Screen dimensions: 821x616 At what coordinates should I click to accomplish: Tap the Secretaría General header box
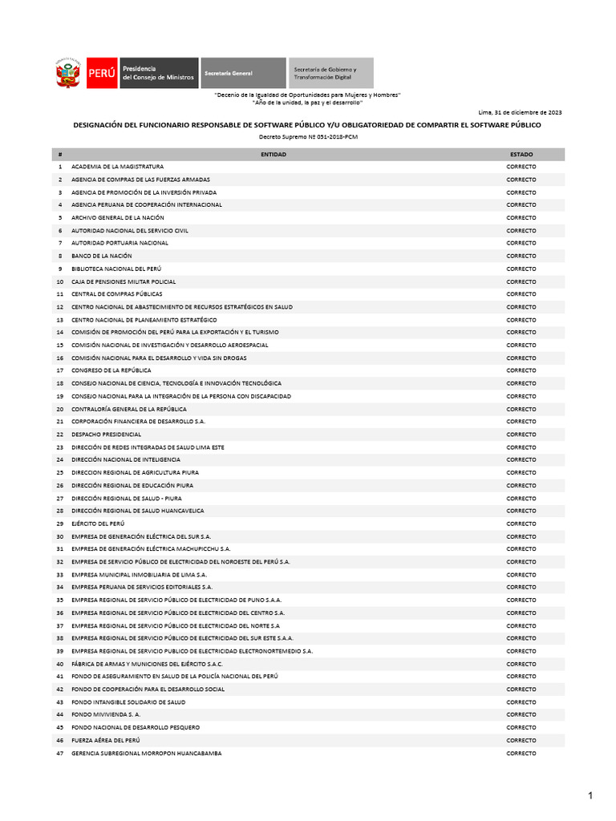pyautogui.click(x=242, y=73)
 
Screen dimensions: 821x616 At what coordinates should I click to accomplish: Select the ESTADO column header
pyautogui.click(x=521, y=154)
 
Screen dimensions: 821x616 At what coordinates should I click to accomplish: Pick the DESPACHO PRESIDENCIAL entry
pyautogui.click(x=106, y=435)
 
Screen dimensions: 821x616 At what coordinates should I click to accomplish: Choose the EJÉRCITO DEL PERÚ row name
pyautogui.click(x=98, y=524)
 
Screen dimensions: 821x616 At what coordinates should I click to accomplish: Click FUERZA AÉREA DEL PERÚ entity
pyautogui.click(x=105, y=740)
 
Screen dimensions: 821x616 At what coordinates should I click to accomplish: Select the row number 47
pyautogui.click(x=59, y=754)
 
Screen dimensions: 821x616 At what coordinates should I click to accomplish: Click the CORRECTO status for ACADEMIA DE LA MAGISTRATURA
pyautogui.click(x=521, y=167)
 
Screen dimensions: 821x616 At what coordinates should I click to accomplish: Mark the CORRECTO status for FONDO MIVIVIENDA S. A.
pyautogui.click(x=521, y=714)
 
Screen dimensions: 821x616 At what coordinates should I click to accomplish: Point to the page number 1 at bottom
pyautogui.click(x=590, y=795)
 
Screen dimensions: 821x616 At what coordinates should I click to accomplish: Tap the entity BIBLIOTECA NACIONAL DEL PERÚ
pyautogui.click(x=115, y=269)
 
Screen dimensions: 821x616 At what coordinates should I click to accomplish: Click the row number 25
pyautogui.click(x=59, y=473)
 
